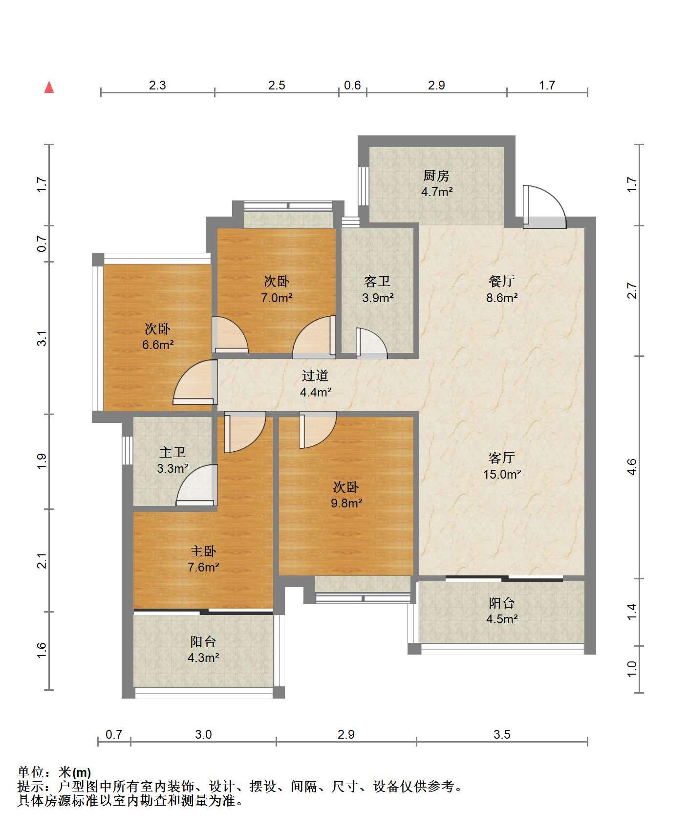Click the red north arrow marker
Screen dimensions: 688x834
coord(49,87)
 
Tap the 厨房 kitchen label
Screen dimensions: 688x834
coord(436,176)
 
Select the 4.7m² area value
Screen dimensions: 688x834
coord(437,192)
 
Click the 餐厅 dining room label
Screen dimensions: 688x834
coord(502,281)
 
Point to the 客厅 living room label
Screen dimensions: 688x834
coord(502,458)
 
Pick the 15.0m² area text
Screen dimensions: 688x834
coord(502,474)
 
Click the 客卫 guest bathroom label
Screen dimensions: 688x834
coord(377,281)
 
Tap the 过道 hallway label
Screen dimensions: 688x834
coord(315,375)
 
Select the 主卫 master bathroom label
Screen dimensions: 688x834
coord(172,452)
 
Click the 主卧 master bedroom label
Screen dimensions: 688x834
coord(203,551)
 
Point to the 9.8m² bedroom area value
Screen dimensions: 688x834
coord(346,503)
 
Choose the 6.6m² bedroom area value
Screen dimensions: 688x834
coord(158,345)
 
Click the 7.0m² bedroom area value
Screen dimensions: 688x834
coord(277,297)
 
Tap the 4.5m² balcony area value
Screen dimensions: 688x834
coord(502,619)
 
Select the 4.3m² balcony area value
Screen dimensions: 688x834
coord(203,658)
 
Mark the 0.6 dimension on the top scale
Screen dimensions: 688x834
coord(352,85)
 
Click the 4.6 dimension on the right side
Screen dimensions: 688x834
coord(632,467)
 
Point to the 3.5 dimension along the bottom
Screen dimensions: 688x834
coord(502,734)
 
